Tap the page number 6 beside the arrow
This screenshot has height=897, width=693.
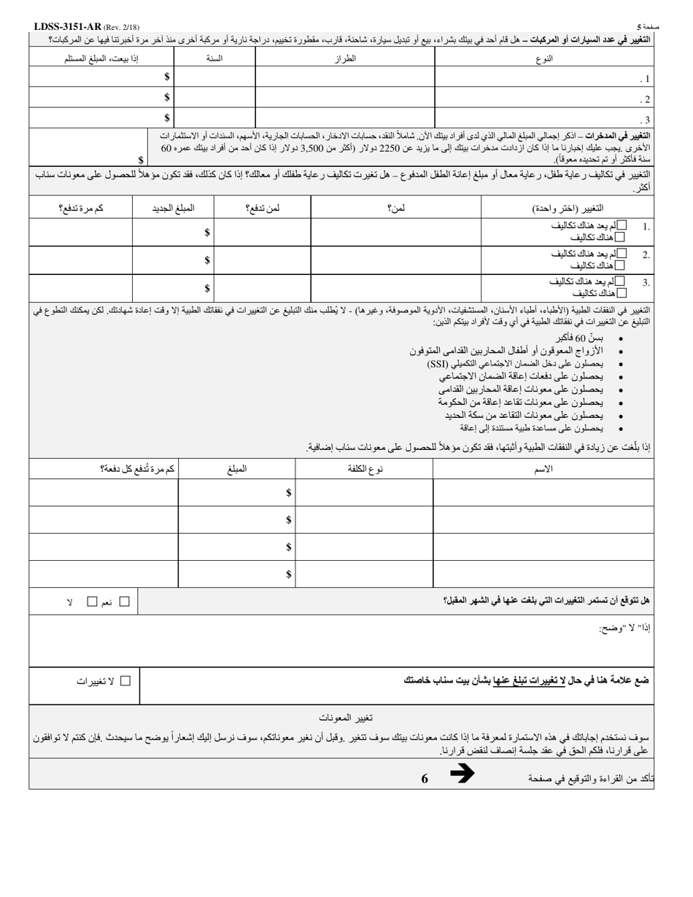coord(425,778)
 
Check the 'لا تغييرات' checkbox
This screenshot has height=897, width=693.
coord(125,680)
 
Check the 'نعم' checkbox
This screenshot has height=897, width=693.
coord(124,602)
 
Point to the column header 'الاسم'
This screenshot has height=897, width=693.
coord(543,469)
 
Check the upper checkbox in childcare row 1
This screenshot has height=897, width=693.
coord(621,225)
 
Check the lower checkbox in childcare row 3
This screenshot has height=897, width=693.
coord(621,293)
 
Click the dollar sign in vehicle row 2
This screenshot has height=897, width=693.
coord(167,98)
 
